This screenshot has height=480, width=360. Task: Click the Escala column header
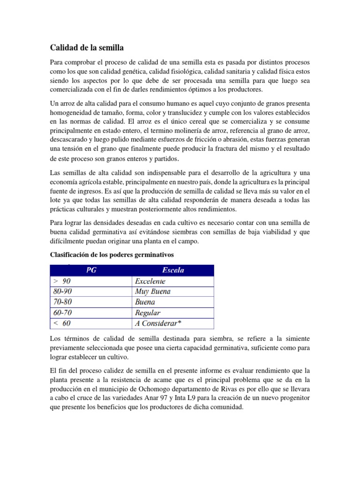tap(173, 270)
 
